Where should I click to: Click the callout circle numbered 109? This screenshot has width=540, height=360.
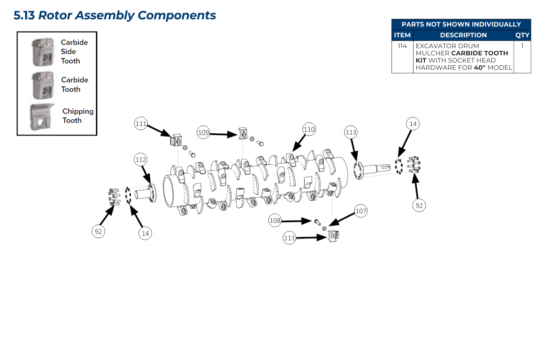tap(204, 133)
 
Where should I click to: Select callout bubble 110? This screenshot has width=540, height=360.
tap(309, 130)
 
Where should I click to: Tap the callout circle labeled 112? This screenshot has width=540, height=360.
tap(141, 159)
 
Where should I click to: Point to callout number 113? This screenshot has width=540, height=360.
tap(351, 132)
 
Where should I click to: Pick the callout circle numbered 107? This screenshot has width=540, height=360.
tap(361, 211)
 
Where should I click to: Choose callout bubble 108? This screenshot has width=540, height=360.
tap(275, 220)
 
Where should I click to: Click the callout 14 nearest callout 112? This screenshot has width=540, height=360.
tap(145, 233)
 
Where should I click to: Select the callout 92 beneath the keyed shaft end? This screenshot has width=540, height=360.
tap(419, 205)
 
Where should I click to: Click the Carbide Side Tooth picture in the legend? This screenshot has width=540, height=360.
tap(43, 52)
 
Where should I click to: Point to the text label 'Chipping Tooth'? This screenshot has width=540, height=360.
tap(78, 116)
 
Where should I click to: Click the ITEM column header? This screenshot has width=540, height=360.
tap(402, 35)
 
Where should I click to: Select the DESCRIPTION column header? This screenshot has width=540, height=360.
tap(463, 35)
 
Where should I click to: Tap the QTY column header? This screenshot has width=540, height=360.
tap(522, 35)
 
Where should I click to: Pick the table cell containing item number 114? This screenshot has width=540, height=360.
tap(402, 46)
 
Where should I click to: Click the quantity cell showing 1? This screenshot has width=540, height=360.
tap(522, 46)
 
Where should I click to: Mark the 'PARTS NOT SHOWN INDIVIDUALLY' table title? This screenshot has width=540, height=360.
tap(461, 24)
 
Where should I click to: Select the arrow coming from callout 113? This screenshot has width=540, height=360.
tap(354, 149)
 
